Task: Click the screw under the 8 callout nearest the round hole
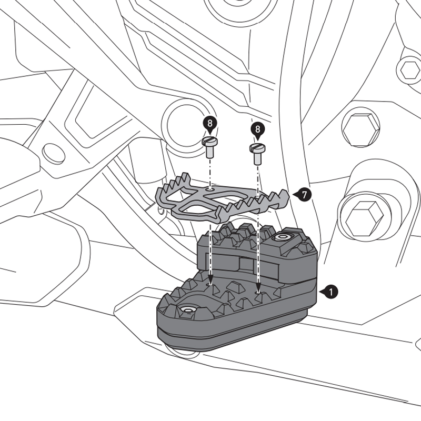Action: coord(210,148)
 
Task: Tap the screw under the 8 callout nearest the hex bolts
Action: coord(257,153)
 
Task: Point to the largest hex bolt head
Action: coord(363,216)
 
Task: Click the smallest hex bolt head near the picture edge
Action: coord(410,69)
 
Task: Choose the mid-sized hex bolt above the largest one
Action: coord(360,127)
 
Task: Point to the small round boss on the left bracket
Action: coord(53,153)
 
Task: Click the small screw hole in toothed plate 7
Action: coord(210,187)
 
